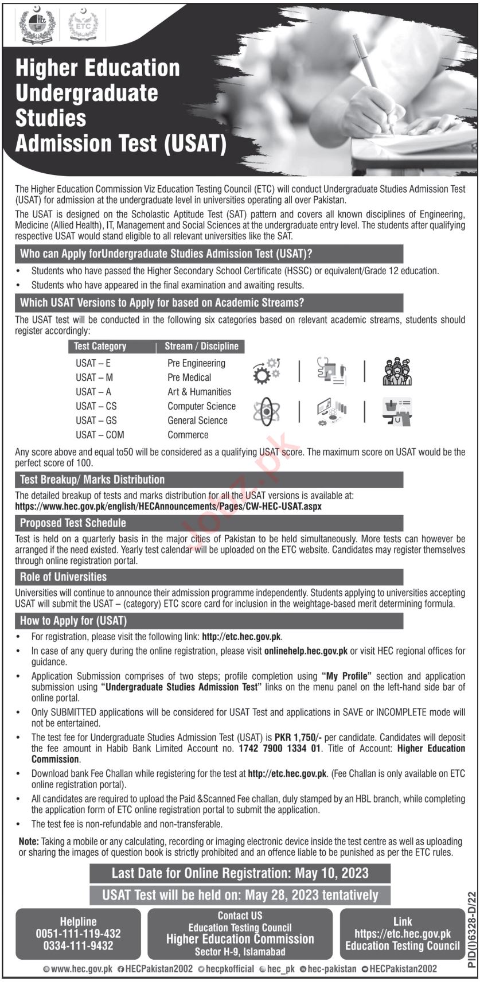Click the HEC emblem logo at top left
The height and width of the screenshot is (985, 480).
click(x=35, y=25)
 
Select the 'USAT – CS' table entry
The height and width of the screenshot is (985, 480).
click(x=96, y=406)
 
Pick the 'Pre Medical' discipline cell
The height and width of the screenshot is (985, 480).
click(x=189, y=377)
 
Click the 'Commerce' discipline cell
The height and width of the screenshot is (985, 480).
click(x=188, y=435)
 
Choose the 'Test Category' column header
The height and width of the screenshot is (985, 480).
click(x=100, y=346)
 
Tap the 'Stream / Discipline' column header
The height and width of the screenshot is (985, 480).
click(x=201, y=346)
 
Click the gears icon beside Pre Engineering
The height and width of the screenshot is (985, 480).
click(x=267, y=371)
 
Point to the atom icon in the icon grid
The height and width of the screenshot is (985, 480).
click(x=266, y=412)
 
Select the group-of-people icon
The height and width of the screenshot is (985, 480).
click(x=397, y=372)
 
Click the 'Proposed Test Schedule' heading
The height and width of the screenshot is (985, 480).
click(x=73, y=523)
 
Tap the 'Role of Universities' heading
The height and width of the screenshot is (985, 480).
click(x=63, y=577)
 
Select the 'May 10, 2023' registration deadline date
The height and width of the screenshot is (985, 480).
click(x=332, y=874)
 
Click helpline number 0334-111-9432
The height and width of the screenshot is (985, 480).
click(x=78, y=945)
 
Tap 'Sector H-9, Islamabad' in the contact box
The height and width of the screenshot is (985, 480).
click(x=240, y=952)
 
